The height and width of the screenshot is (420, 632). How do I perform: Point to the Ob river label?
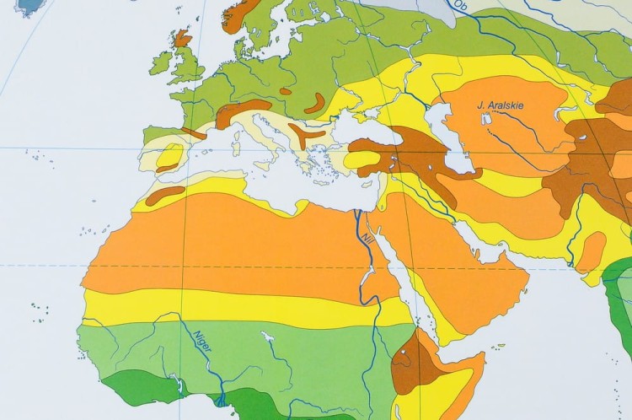click(459, 6)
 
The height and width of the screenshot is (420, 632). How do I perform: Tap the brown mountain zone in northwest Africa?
click(166, 196)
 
